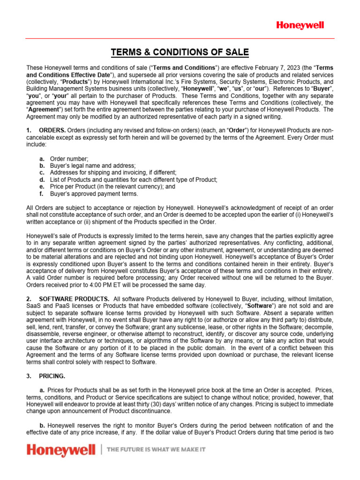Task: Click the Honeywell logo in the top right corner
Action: click(300, 25)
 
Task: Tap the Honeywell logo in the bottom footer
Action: click(61, 451)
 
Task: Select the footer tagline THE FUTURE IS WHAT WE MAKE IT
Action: click(157, 450)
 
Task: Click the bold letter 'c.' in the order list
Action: click(42, 173)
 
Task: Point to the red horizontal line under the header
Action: click(180, 38)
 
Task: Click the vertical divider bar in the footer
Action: click(102, 450)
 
